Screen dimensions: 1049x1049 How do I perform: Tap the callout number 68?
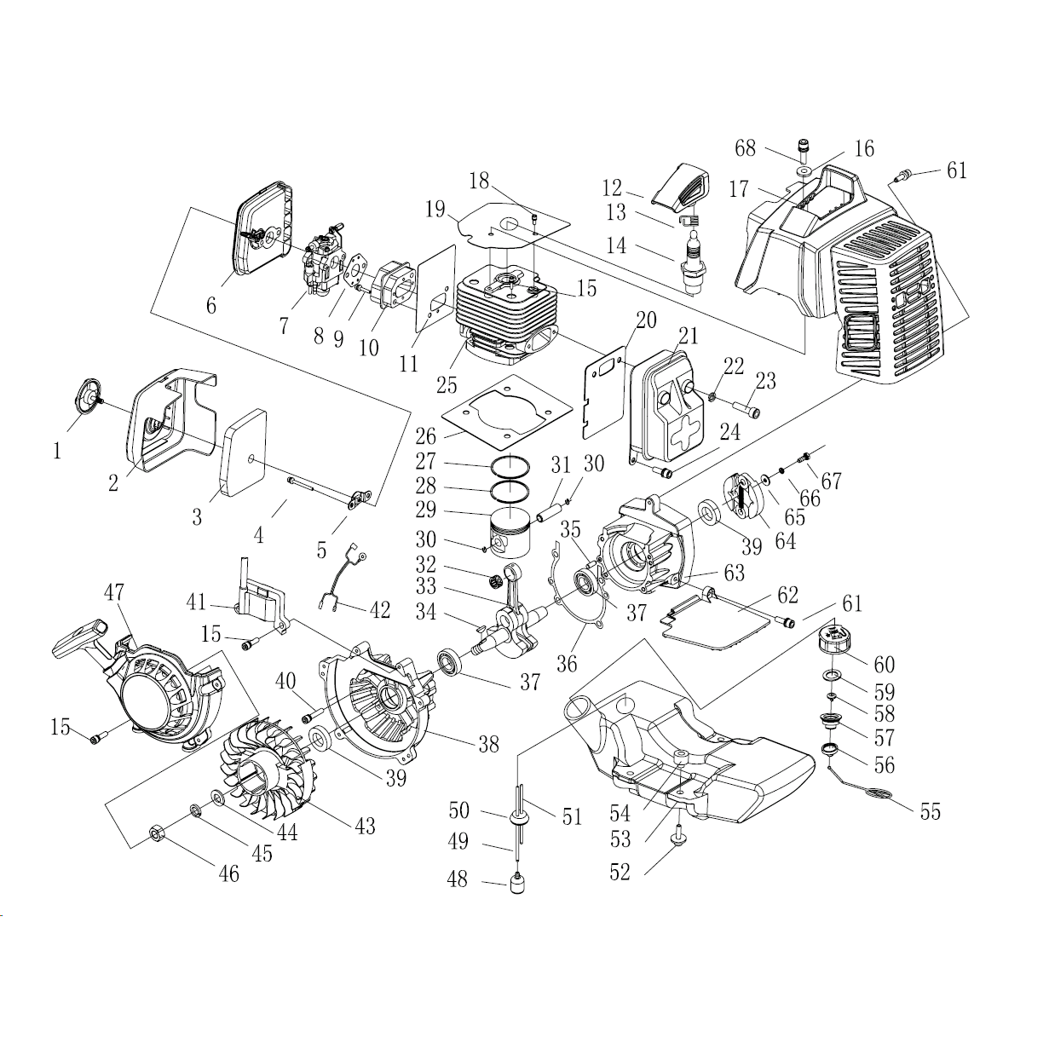point(745,148)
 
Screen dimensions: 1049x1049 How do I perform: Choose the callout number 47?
point(114,594)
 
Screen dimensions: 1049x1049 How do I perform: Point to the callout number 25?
point(447,385)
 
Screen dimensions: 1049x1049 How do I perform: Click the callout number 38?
point(487,744)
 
